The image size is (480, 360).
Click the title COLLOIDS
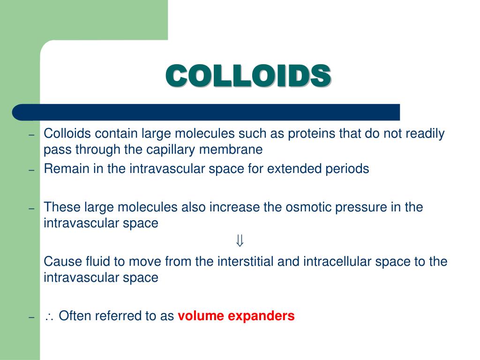248,75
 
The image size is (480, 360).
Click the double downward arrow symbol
240,241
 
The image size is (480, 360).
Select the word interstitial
246,262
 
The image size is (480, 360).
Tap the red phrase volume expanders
236,316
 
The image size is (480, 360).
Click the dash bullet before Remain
31,171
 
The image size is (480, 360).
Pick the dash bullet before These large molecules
31,209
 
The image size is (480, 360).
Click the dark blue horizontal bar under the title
206,112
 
